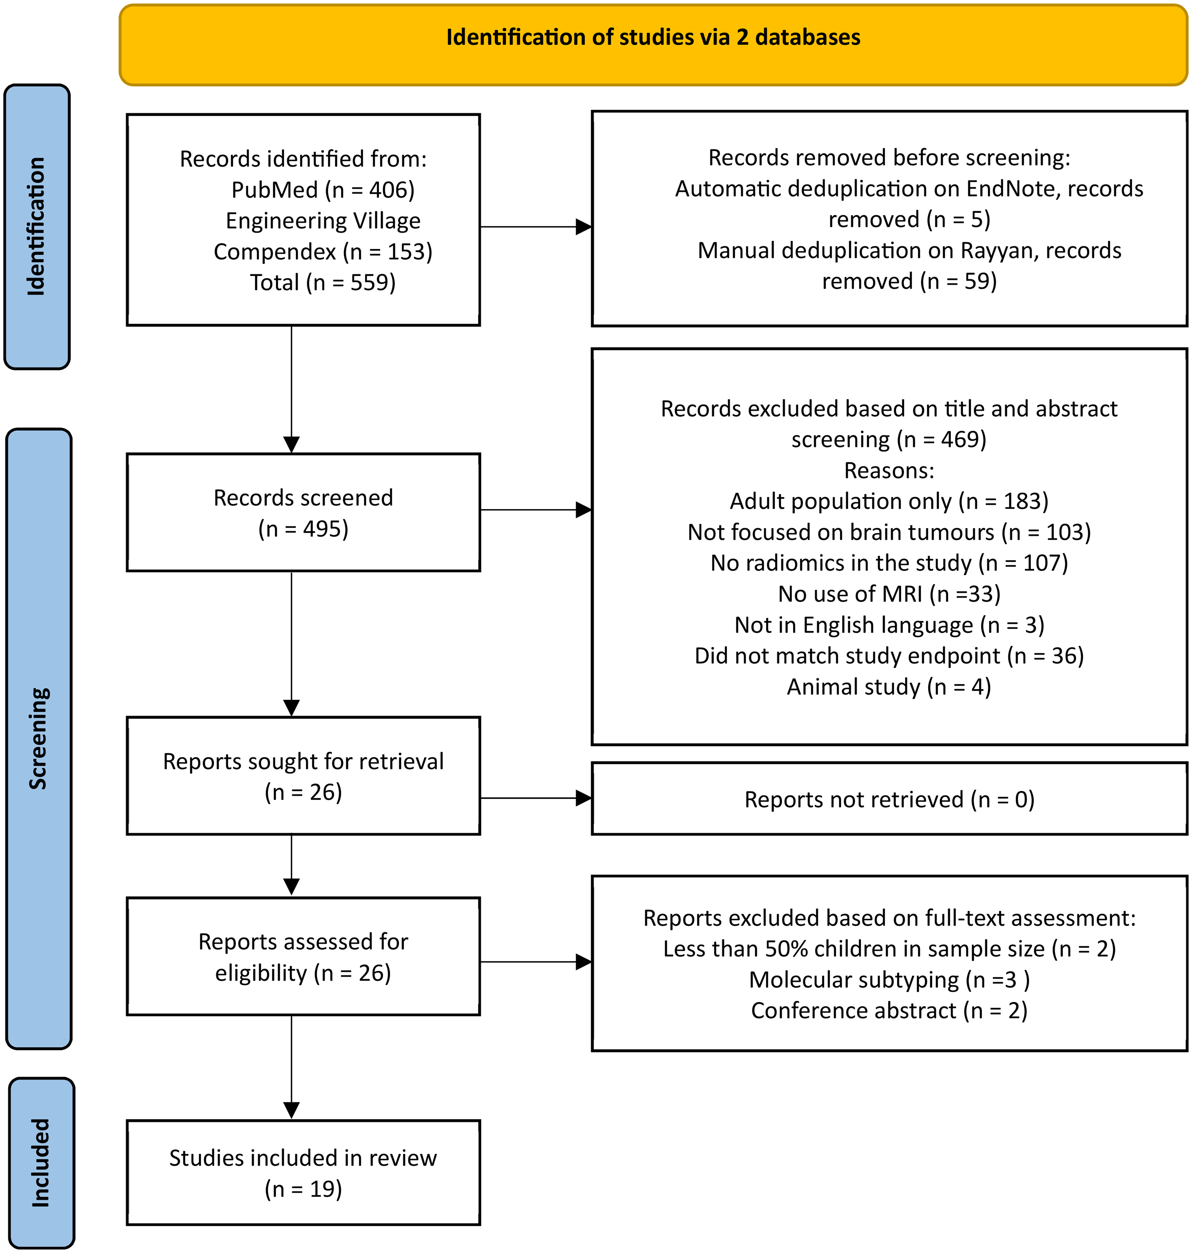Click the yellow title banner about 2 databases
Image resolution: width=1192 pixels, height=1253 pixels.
point(653,45)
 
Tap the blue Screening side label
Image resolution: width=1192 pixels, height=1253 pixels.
point(39,738)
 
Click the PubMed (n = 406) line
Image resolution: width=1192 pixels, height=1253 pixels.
point(323,189)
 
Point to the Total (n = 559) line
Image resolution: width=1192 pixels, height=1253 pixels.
point(323,282)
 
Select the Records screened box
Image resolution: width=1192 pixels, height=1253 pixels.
point(303,512)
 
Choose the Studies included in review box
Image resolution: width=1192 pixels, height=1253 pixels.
point(303,1172)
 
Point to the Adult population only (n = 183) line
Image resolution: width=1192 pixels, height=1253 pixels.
point(889,501)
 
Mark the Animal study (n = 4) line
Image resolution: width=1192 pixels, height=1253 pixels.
point(889,687)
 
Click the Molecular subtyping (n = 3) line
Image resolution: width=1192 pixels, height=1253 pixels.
point(889,980)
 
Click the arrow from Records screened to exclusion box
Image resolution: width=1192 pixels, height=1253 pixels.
point(536,510)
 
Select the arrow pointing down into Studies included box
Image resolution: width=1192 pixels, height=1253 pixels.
point(292,1067)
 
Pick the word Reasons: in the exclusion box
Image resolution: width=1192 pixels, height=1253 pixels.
point(889,470)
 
